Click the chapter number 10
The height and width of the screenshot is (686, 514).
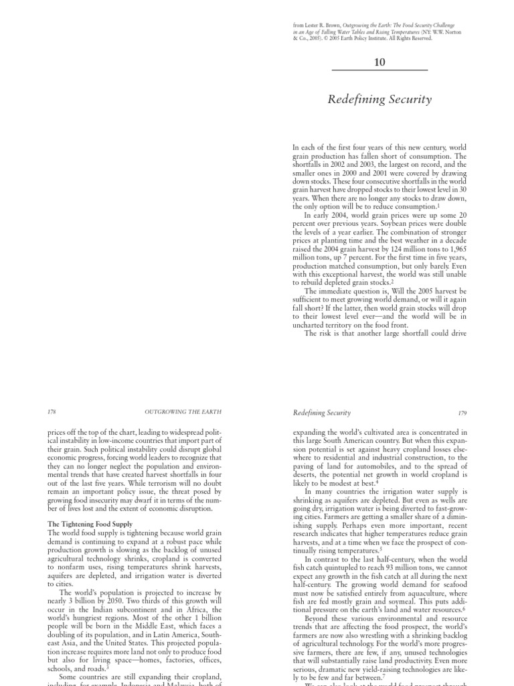click(379, 62)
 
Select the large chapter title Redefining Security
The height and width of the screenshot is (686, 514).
click(379, 100)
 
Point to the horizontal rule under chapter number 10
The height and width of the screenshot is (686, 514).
click(379, 70)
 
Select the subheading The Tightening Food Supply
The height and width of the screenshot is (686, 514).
click(90, 523)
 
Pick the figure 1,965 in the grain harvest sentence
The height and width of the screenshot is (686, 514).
click(456, 247)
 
